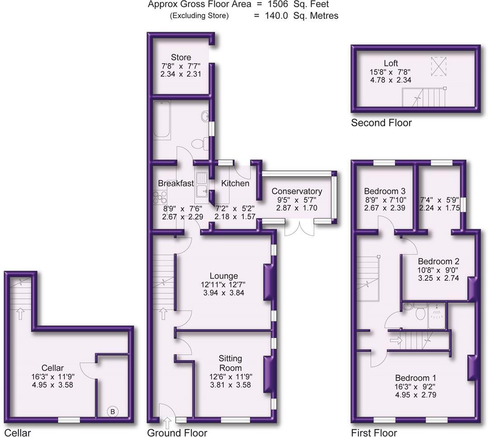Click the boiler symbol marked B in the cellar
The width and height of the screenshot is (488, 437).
(113, 411)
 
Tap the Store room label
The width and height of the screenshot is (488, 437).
(181, 57)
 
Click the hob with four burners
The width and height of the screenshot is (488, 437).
(160, 197)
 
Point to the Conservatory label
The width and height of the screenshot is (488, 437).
(297, 191)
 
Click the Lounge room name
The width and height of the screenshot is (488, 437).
(224, 276)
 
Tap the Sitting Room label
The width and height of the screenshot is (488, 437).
(230, 363)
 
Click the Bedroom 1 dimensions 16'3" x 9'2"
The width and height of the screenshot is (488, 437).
(416, 386)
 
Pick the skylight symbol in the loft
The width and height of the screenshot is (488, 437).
(437, 65)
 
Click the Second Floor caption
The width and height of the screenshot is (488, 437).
(381, 123)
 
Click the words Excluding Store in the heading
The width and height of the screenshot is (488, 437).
(199, 16)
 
